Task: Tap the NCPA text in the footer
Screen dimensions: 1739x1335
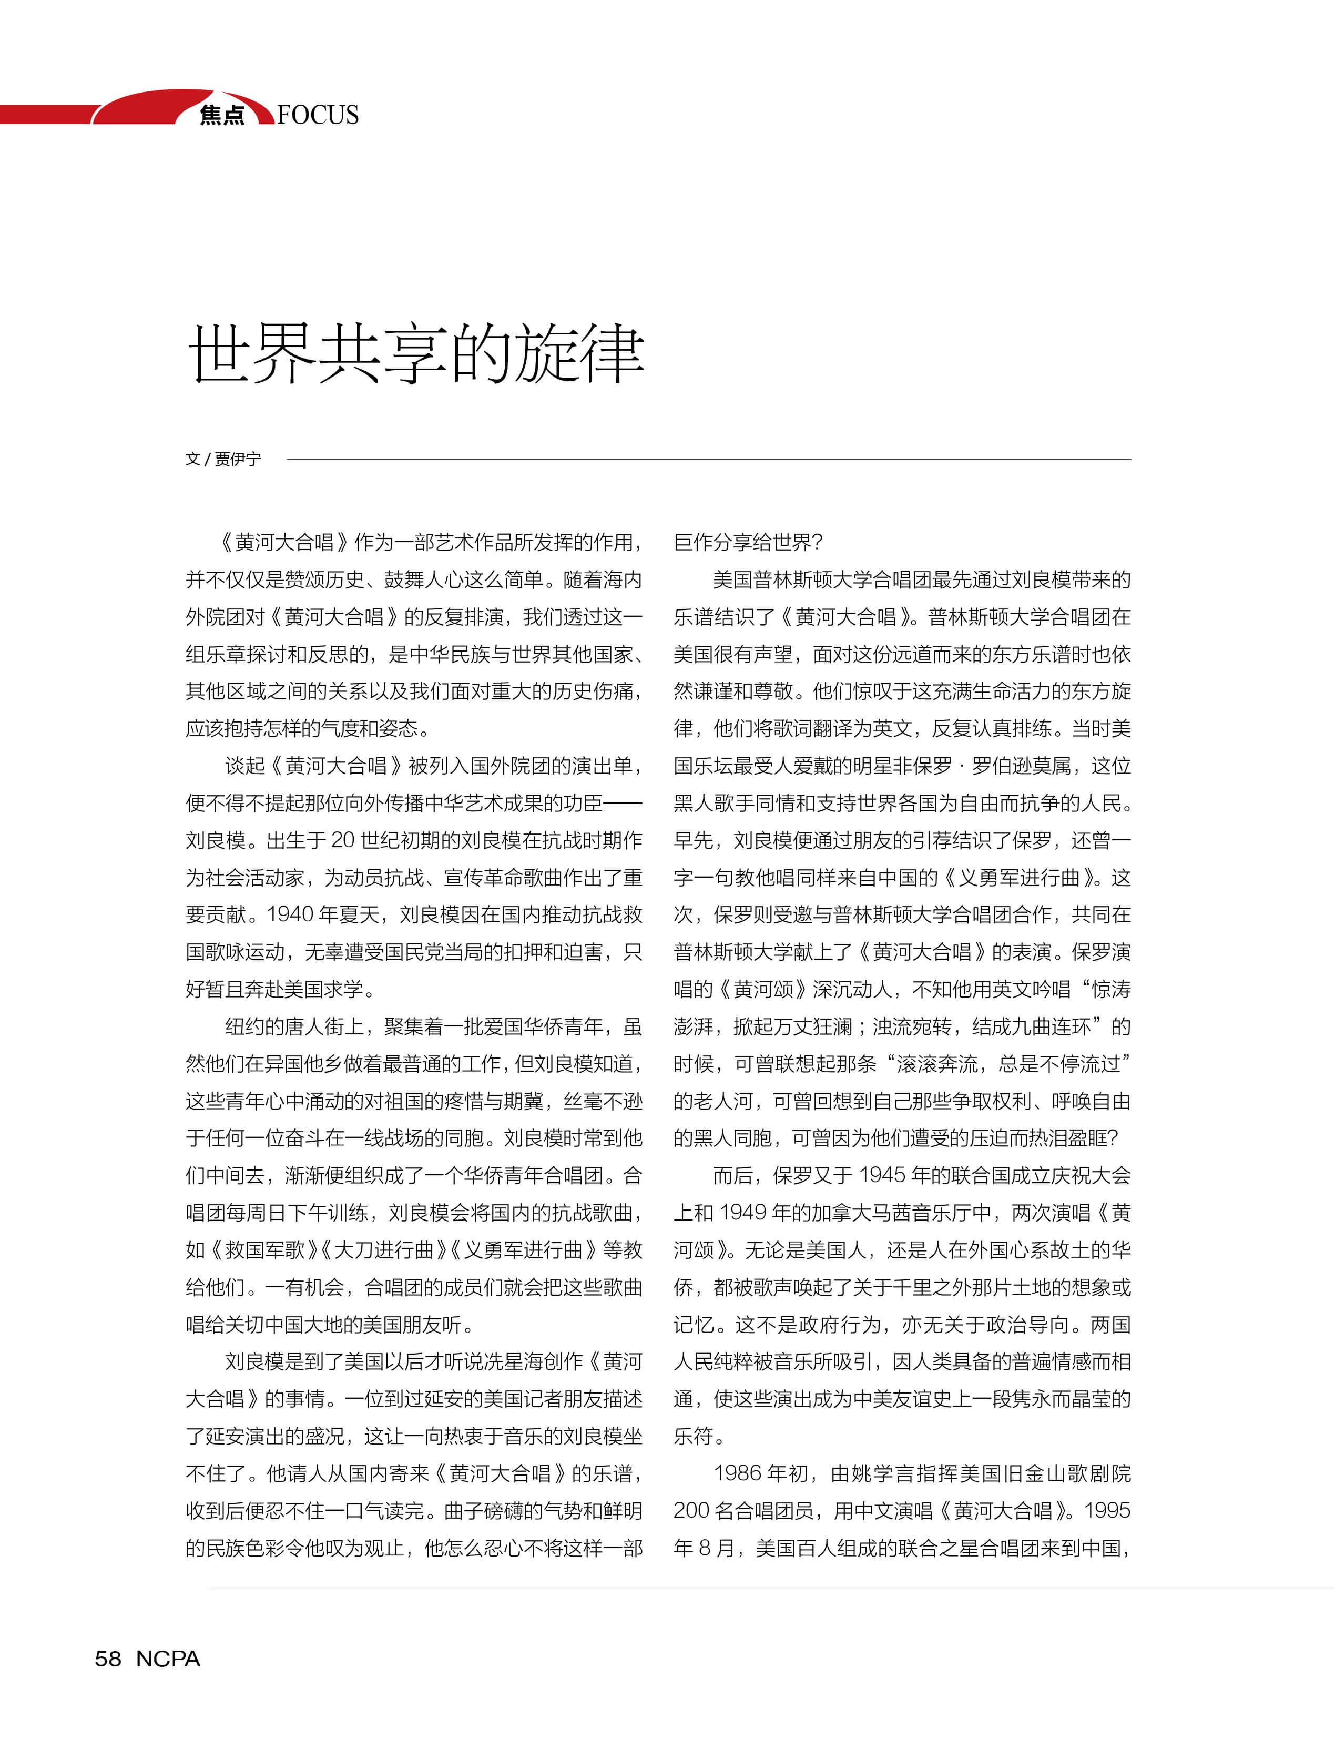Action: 168,1659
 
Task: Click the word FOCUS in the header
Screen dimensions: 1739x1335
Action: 318,115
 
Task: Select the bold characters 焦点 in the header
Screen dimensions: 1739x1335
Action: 222,115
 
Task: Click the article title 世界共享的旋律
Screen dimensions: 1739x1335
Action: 415,354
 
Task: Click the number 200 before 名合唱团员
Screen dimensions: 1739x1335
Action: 692,1510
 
